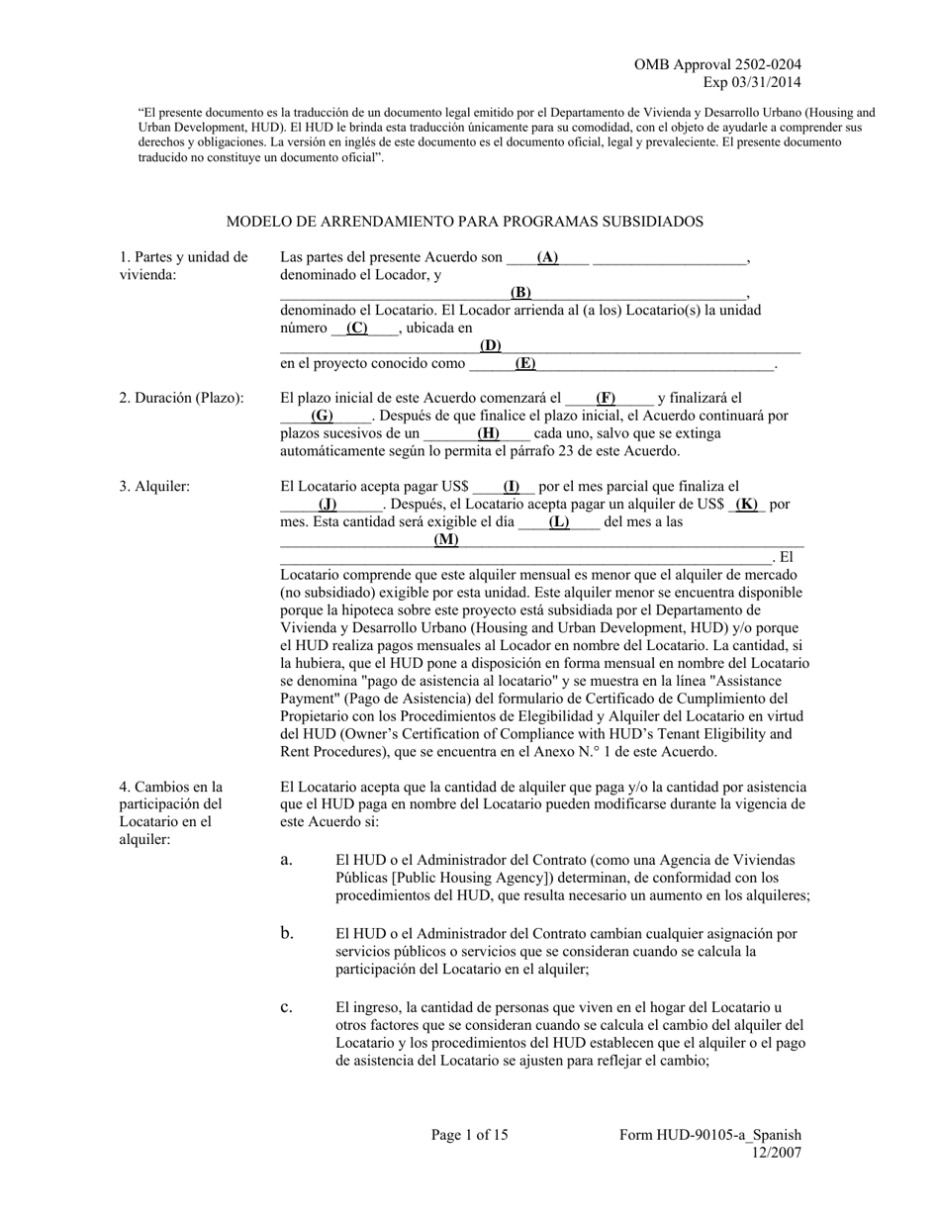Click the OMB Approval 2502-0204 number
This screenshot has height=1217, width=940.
pos(717,65)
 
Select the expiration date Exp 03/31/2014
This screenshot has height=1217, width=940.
pos(752,82)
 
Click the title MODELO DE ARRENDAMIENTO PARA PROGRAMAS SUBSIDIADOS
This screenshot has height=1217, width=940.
pos(464,222)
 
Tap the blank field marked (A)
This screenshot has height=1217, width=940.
pos(547,257)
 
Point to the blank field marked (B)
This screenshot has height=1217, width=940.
pos(520,292)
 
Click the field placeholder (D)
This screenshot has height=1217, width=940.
pos(490,345)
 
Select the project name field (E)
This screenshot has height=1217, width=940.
pos(524,363)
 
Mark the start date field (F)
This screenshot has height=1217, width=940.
pos(606,398)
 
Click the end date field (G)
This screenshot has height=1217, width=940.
pos(323,416)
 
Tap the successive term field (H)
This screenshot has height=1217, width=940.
pos(488,433)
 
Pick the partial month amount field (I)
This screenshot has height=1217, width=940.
pos(512,487)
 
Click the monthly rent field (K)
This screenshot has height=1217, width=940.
pos(747,504)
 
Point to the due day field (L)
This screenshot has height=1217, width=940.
pos(559,521)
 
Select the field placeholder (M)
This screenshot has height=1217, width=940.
pos(446,539)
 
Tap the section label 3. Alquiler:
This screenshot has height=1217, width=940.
pos(154,487)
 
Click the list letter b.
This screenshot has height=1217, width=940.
pos(286,933)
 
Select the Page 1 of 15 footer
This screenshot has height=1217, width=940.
pos(469,1135)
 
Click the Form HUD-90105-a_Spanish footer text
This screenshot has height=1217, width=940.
pos(709,1135)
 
